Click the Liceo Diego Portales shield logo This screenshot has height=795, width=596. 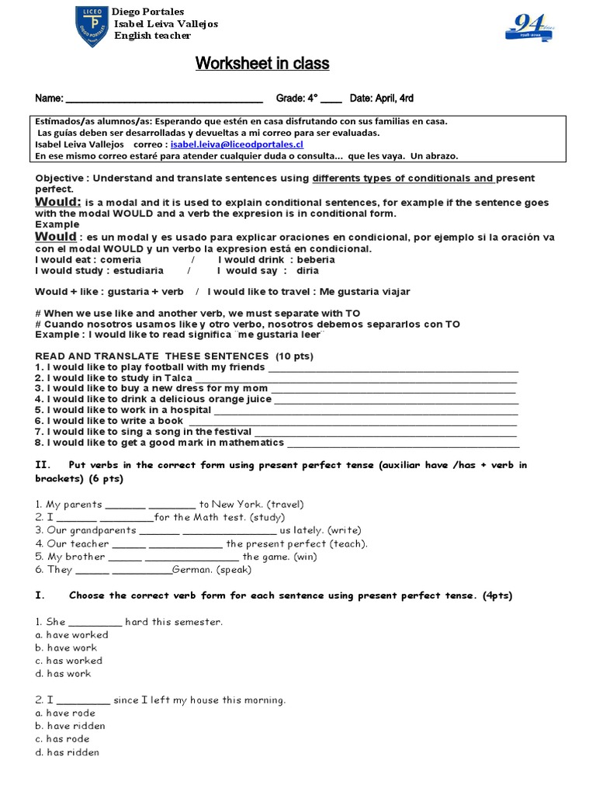92,26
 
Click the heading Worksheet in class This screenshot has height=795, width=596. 262,64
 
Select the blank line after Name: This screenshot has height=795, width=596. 165,99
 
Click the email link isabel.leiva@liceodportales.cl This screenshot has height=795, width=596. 237,144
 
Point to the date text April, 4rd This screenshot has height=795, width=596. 395,99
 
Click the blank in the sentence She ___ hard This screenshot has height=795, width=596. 95,623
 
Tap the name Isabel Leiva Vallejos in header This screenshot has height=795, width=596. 165,24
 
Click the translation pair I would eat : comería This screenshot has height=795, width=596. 88,260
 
